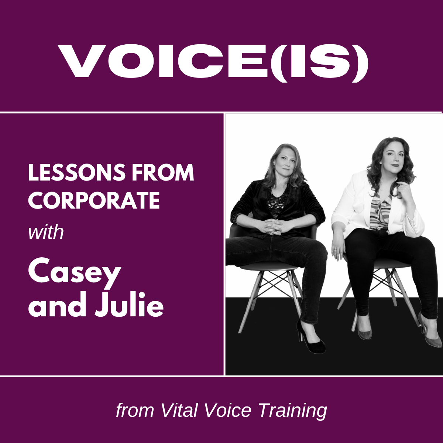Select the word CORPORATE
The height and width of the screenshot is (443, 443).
(94, 201)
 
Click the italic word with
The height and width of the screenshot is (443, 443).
(46, 233)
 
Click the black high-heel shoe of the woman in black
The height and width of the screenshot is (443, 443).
(310, 338)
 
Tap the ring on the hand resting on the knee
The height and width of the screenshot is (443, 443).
(335, 250)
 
